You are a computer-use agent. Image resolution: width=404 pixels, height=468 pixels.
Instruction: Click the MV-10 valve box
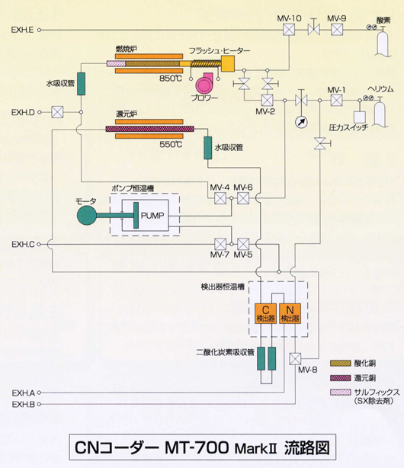coord(289,30)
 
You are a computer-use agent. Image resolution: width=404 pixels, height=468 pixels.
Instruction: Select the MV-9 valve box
coord(337,30)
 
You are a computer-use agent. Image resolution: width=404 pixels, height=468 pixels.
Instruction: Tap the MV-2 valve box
coord(268,101)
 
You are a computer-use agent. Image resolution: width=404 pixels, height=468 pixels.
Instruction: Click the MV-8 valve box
coord(295,359)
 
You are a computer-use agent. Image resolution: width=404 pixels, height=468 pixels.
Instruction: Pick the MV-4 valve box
coord(220,198)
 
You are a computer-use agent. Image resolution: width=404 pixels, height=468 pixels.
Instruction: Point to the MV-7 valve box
coord(220,244)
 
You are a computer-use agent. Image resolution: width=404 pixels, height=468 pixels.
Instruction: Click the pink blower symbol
coord(204,84)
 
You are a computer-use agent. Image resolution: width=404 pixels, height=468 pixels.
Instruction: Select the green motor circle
coord(87,216)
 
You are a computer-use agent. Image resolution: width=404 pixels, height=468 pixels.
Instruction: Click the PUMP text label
coord(152,216)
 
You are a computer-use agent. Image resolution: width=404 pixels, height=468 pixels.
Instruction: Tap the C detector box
coord(265,313)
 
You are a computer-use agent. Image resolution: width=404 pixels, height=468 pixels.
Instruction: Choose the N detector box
coord(290,313)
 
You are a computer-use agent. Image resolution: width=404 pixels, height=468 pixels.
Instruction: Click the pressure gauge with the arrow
coord(301,122)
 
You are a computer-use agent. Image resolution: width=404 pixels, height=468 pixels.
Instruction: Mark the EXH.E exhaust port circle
coord(39,30)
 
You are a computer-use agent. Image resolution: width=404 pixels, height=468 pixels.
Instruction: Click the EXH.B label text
coord(24,404)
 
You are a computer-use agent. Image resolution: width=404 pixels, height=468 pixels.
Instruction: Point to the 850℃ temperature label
coord(171,79)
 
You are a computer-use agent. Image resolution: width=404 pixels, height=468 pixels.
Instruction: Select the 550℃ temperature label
coord(171,145)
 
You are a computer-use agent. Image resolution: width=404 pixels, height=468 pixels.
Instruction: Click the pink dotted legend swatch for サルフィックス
coord(341,393)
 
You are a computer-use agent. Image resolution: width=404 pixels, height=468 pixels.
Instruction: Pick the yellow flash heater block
coord(227,64)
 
